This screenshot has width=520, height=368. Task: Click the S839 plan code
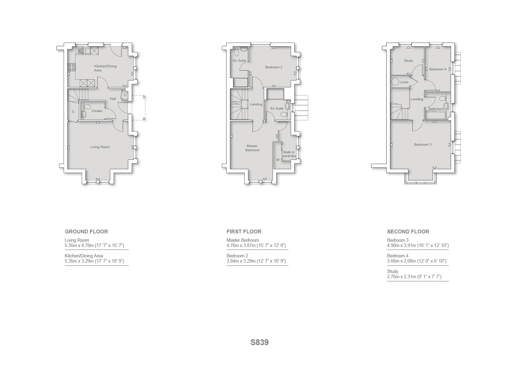coord(259,342)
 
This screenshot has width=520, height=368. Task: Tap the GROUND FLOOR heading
coord(86,232)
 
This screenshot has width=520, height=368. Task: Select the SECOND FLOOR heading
coord(408,232)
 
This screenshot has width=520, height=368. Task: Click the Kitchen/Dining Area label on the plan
coord(105,68)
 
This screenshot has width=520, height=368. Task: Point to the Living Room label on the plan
coord(100,147)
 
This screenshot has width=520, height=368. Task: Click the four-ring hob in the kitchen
coord(71,67)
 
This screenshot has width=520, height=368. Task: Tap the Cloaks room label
coord(97,111)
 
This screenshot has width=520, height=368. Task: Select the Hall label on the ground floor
coord(113,99)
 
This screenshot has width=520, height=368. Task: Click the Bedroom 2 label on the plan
coord(274,67)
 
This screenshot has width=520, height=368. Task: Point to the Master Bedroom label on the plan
coord(252,148)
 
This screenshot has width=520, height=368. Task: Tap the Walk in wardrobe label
coord(289,154)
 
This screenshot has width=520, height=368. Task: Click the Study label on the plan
coord(408,61)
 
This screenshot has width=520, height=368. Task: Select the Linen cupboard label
coord(404,82)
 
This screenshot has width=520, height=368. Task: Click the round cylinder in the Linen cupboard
coord(395,82)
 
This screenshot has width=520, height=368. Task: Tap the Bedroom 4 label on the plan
coord(437,69)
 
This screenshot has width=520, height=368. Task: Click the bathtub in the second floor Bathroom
coord(435,116)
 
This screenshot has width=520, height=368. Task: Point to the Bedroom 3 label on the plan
coord(423,145)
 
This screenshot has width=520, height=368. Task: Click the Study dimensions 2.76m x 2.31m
coord(414,276)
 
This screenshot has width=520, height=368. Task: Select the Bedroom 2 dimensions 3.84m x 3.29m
coord(256,261)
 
